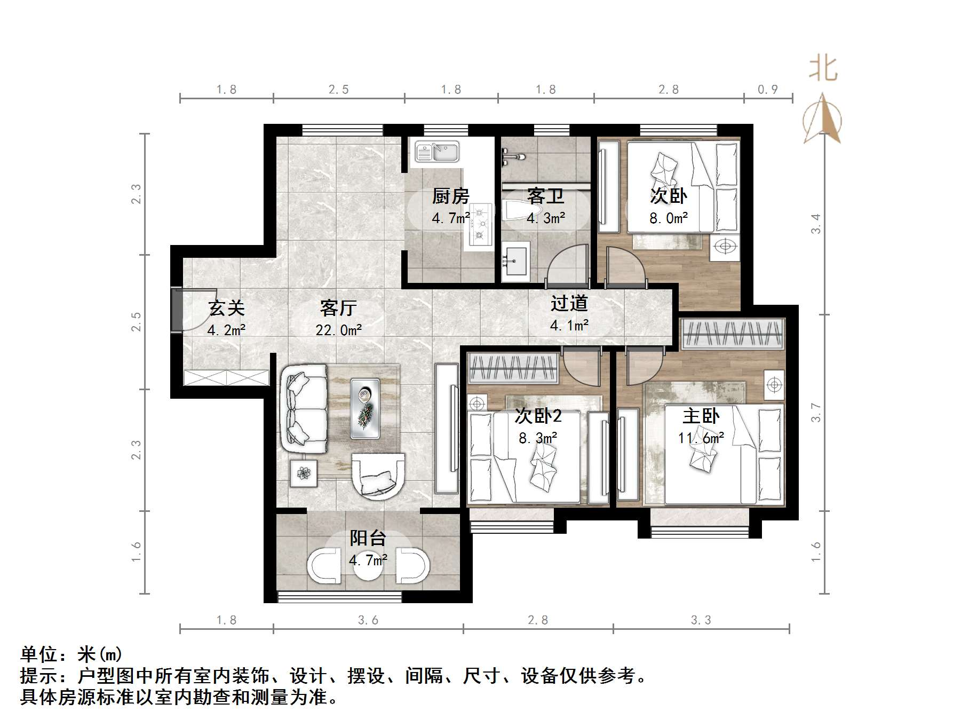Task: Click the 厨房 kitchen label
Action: point(451,196)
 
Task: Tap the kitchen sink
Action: point(437,152)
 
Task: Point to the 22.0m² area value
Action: point(339,330)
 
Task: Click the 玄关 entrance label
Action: point(227,309)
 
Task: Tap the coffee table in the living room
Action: point(366,408)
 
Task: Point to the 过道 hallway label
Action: point(569,304)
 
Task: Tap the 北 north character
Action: point(823,69)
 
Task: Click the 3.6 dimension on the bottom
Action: point(368,620)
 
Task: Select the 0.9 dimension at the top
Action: point(768,90)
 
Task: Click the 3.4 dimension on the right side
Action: point(816,223)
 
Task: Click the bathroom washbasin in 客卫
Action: point(515,262)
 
